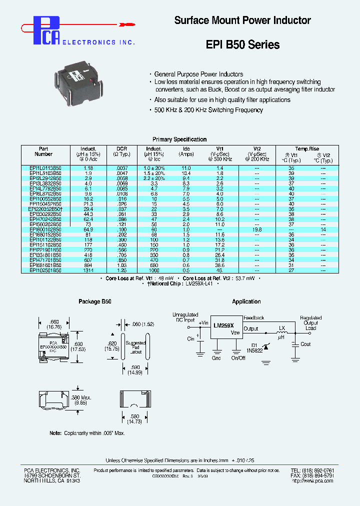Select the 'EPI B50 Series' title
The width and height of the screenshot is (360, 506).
pyautogui.click(x=242, y=44)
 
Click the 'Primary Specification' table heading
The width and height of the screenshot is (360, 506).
pyautogui.click(x=179, y=139)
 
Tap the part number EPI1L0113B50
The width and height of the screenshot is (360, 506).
pyautogui.click(x=45, y=169)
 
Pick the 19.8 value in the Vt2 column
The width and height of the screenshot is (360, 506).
pyautogui.click(x=257, y=229)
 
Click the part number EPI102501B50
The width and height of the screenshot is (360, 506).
pyautogui.click(x=45, y=270)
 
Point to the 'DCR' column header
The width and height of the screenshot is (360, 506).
pyautogui.click(x=122, y=149)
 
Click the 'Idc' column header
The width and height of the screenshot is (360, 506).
pyautogui.click(x=186, y=149)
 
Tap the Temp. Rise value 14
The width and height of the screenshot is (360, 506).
pyautogui.click(x=323, y=229)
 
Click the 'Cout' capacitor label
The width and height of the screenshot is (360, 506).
pyautogui.click(x=305, y=344)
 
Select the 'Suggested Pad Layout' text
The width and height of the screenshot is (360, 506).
pyautogui.click(x=136, y=347)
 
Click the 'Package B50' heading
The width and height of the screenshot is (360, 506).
pyautogui.click(x=95, y=301)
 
